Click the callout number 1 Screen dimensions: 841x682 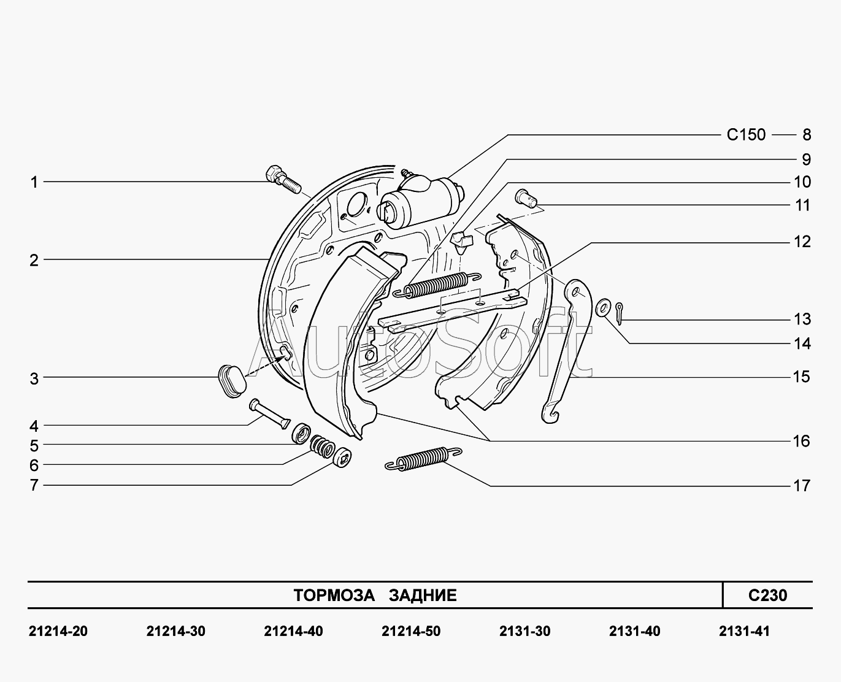34,182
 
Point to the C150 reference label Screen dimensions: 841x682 746,134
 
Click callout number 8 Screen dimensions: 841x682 806,135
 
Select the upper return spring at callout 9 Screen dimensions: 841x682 436,284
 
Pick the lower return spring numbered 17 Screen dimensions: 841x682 423,458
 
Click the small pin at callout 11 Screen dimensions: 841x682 526,196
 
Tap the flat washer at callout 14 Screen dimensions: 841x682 603,305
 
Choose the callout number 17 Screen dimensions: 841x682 802,486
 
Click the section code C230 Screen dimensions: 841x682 767,595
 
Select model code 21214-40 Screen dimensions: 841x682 293,631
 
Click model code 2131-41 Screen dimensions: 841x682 743,631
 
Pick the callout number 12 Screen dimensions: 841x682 802,242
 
